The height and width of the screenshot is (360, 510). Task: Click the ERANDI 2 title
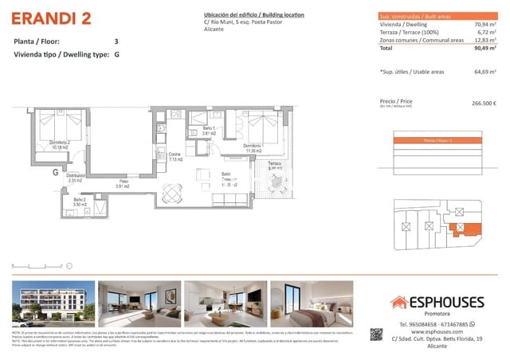pos(49,18)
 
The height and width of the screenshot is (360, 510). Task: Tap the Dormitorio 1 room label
pos(253,147)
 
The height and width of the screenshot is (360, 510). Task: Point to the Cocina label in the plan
pos(175,155)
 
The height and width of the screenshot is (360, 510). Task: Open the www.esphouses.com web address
pos(433,332)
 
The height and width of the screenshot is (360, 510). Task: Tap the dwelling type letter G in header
pos(117,56)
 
